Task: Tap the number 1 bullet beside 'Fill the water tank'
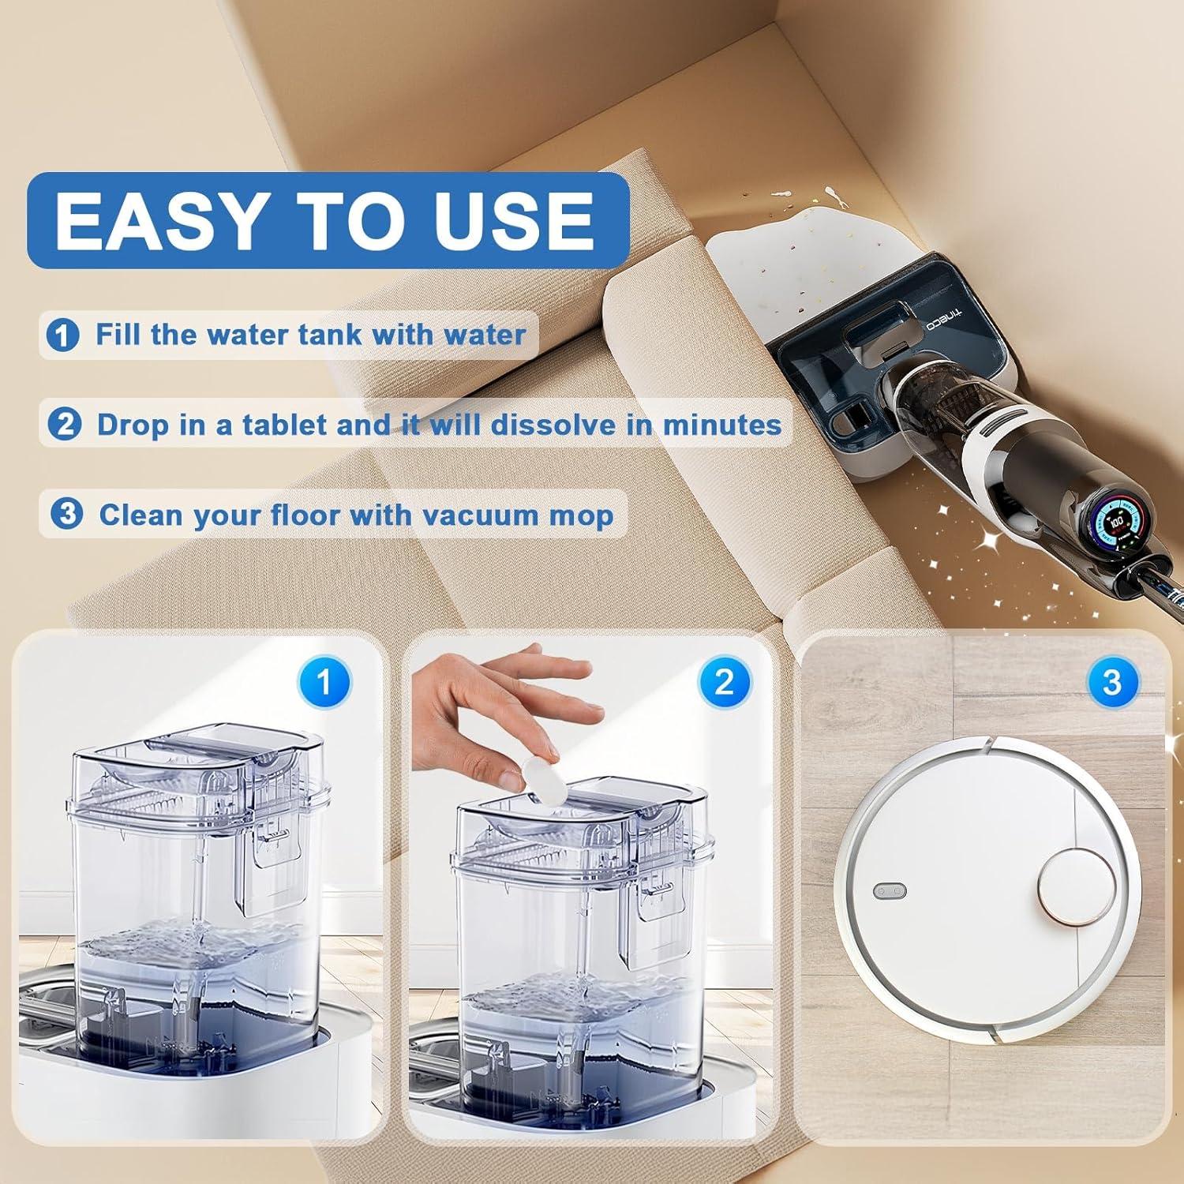click(63, 335)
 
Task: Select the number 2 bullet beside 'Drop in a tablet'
click(64, 425)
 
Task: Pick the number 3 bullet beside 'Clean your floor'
click(66, 515)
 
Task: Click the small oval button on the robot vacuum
click(890, 892)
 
